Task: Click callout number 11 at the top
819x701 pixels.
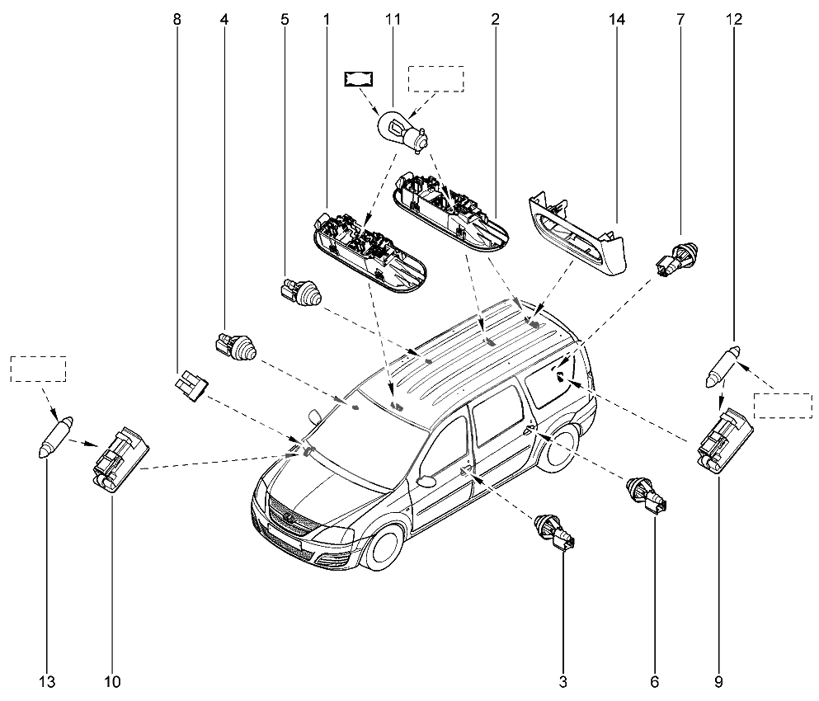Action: [391, 18]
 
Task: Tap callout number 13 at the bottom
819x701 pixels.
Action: [47, 681]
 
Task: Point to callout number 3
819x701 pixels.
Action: [562, 681]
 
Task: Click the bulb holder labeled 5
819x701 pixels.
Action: [302, 293]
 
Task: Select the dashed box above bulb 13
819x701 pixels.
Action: [38, 369]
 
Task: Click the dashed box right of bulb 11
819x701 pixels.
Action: [437, 79]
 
